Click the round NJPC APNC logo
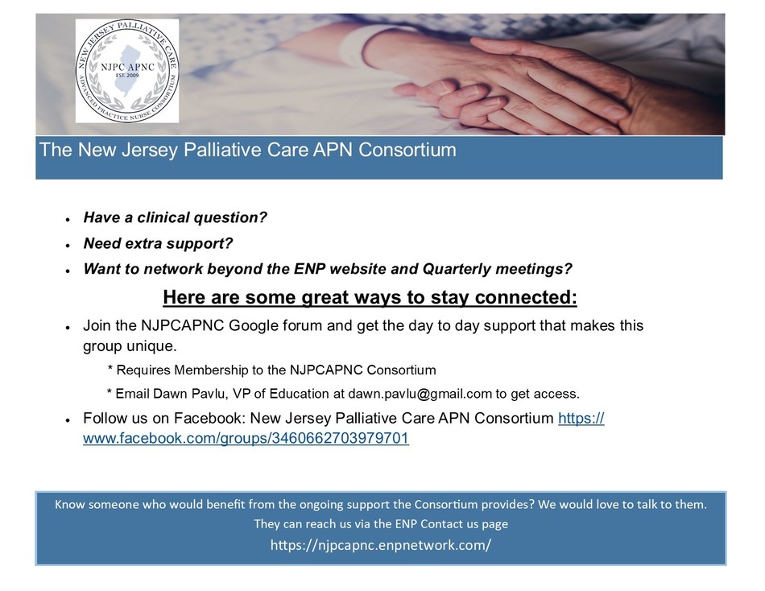point(127,71)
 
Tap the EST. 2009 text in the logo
point(127,76)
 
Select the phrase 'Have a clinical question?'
point(176,217)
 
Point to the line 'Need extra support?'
point(158,243)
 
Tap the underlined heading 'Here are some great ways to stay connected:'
point(370,297)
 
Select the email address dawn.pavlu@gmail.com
point(420,394)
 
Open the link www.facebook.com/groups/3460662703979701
point(246,438)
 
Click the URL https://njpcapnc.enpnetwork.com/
point(381,544)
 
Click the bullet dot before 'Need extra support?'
point(68,245)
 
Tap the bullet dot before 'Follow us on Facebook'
point(68,419)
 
